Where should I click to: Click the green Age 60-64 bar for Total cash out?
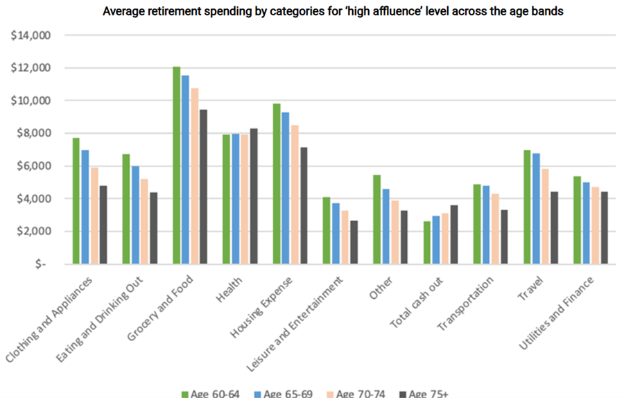tap(426, 243)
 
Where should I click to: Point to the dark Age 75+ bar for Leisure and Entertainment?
tap(354, 242)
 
